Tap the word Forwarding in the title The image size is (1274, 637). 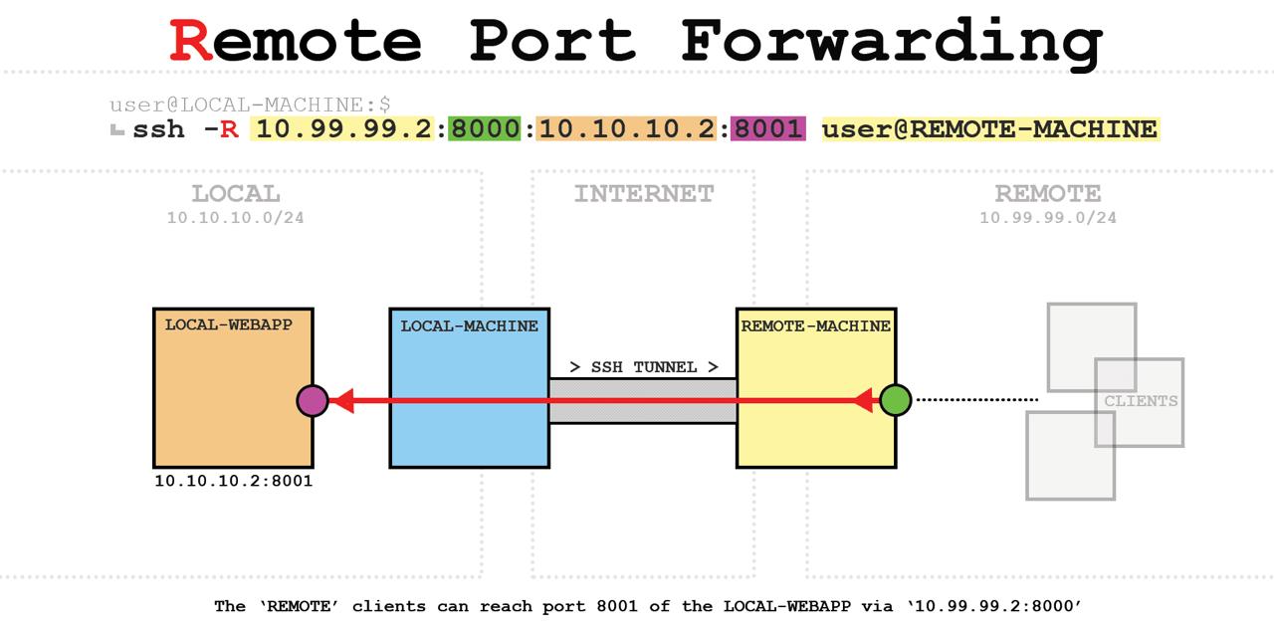tap(892, 42)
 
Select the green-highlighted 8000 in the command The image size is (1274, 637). tap(484, 129)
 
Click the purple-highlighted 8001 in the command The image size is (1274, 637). tap(767, 129)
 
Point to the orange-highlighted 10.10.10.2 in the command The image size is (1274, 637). tap(626, 129)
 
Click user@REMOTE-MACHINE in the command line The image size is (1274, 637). tap(989, 129)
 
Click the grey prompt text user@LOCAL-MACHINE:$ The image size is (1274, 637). tap(250, 105)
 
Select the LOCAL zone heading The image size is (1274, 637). tap(236, 193)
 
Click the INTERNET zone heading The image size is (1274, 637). tap(644, 193)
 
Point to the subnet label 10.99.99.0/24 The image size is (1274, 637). tap(1048, 218)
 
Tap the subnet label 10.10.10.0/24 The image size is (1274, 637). tap(236, 218)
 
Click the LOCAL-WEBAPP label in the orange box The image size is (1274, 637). tap(229, 324)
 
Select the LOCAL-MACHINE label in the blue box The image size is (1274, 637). tap(469, 325)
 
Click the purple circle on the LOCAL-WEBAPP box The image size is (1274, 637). tap(313, 401)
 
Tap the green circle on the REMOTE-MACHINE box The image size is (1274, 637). tap(895, 400)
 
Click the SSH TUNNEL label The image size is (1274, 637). tap(644, 367)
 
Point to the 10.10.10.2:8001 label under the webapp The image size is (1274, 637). tap(234, 482)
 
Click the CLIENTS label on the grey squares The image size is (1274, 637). tap(1141, 401)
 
